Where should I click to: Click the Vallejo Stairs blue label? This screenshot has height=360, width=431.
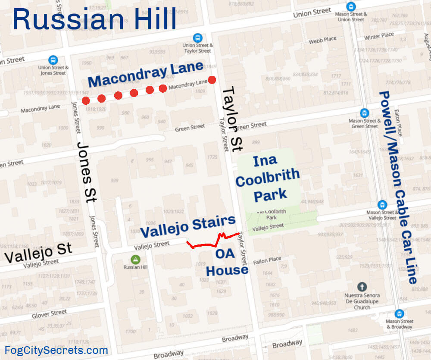click(188, 227)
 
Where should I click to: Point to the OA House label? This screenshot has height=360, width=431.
click(227, 262)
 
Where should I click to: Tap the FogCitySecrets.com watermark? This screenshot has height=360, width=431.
click(56, 350)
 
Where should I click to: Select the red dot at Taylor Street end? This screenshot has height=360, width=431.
click(212, 80)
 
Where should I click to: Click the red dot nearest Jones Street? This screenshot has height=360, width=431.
click(86, 101)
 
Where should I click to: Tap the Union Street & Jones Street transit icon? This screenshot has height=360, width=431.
click(53, 59)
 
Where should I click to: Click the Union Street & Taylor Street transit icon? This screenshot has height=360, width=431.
click(198, 38)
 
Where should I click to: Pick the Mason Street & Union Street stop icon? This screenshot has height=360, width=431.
click(351, 7)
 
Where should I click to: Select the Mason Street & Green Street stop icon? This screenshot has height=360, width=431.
click(365, 113)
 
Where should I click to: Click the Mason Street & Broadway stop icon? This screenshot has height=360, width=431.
click(399, 313)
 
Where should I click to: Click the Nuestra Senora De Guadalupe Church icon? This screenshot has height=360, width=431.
click(362, 287)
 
